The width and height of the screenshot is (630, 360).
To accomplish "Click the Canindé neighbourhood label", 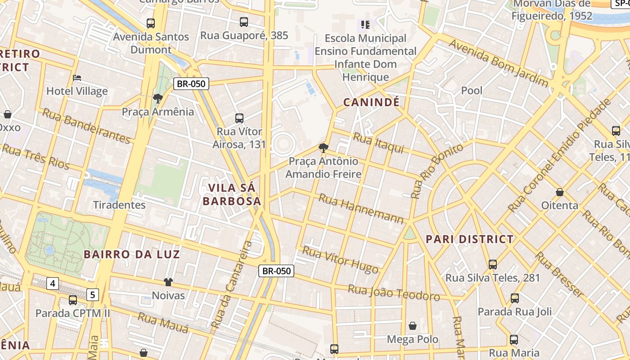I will pyautogui.click(x=371, y=102).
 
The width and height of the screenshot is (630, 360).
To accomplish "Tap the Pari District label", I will pyautogui.click(x=469, y=239).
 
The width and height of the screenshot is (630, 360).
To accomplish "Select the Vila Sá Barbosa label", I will pyautogui.click(x=232, y=194).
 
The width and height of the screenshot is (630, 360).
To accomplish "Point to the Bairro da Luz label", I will pyautogui.click(x=132, y=254).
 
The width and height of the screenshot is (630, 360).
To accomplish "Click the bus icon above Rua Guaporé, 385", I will pyautogui.click(x=244, y=22).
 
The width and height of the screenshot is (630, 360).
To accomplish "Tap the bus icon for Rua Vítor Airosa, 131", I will pyautogui.click(x=239, y=118).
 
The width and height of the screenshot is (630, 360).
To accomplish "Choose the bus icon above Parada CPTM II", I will pyautogui.click(x=73, y=300).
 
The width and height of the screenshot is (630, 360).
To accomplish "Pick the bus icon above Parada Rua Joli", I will pyautogui.click(x=515, y=298).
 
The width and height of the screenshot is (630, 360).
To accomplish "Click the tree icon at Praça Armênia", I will pyautogui.click(x=157, y=98).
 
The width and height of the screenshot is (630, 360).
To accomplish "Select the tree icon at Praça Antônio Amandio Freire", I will pyautogui.click(x=323, y=148).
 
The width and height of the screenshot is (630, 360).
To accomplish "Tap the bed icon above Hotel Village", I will pyautogui.click(x=77, y=78).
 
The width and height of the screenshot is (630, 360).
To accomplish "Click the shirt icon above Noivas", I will pyautogui.click(x=168, y=282).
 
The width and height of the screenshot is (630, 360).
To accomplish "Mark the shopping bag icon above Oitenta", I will pyautogui.click(x=560, y=192).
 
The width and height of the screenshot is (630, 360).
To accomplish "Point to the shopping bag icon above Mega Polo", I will pyautogui.click(x=413, y=326).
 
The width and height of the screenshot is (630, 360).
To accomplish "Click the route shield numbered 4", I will pyautogui.click(x=53, y=283).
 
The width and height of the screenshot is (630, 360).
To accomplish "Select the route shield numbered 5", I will pyautogui.click(x=93, y=295).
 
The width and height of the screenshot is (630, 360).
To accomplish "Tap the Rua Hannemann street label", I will pyautogui.click(x=361, y=208).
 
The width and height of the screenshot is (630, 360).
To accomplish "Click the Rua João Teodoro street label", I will pyautogui.click(x=394, y=292).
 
